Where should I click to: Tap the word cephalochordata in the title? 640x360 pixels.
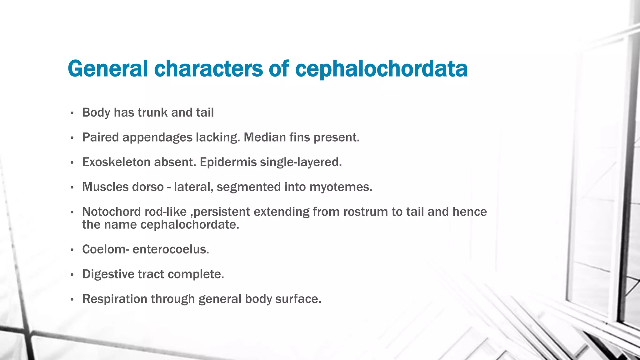pos(381,69)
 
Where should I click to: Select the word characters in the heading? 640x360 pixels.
pos(208,69)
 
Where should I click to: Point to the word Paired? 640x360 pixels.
pos(100,137)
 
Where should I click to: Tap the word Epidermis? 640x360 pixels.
pos(228,162)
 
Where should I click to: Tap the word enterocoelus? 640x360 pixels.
pos(171,249)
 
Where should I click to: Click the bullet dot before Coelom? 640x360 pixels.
pos(72,250)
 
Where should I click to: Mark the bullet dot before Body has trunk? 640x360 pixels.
pos(72,113)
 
